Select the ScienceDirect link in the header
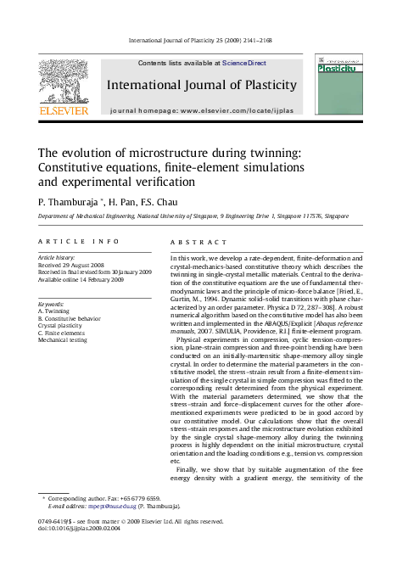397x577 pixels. [244, 63]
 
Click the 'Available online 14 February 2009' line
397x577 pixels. [89, 279]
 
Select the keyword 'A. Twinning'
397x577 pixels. [56, 311]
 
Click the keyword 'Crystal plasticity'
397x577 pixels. [61, 326]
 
